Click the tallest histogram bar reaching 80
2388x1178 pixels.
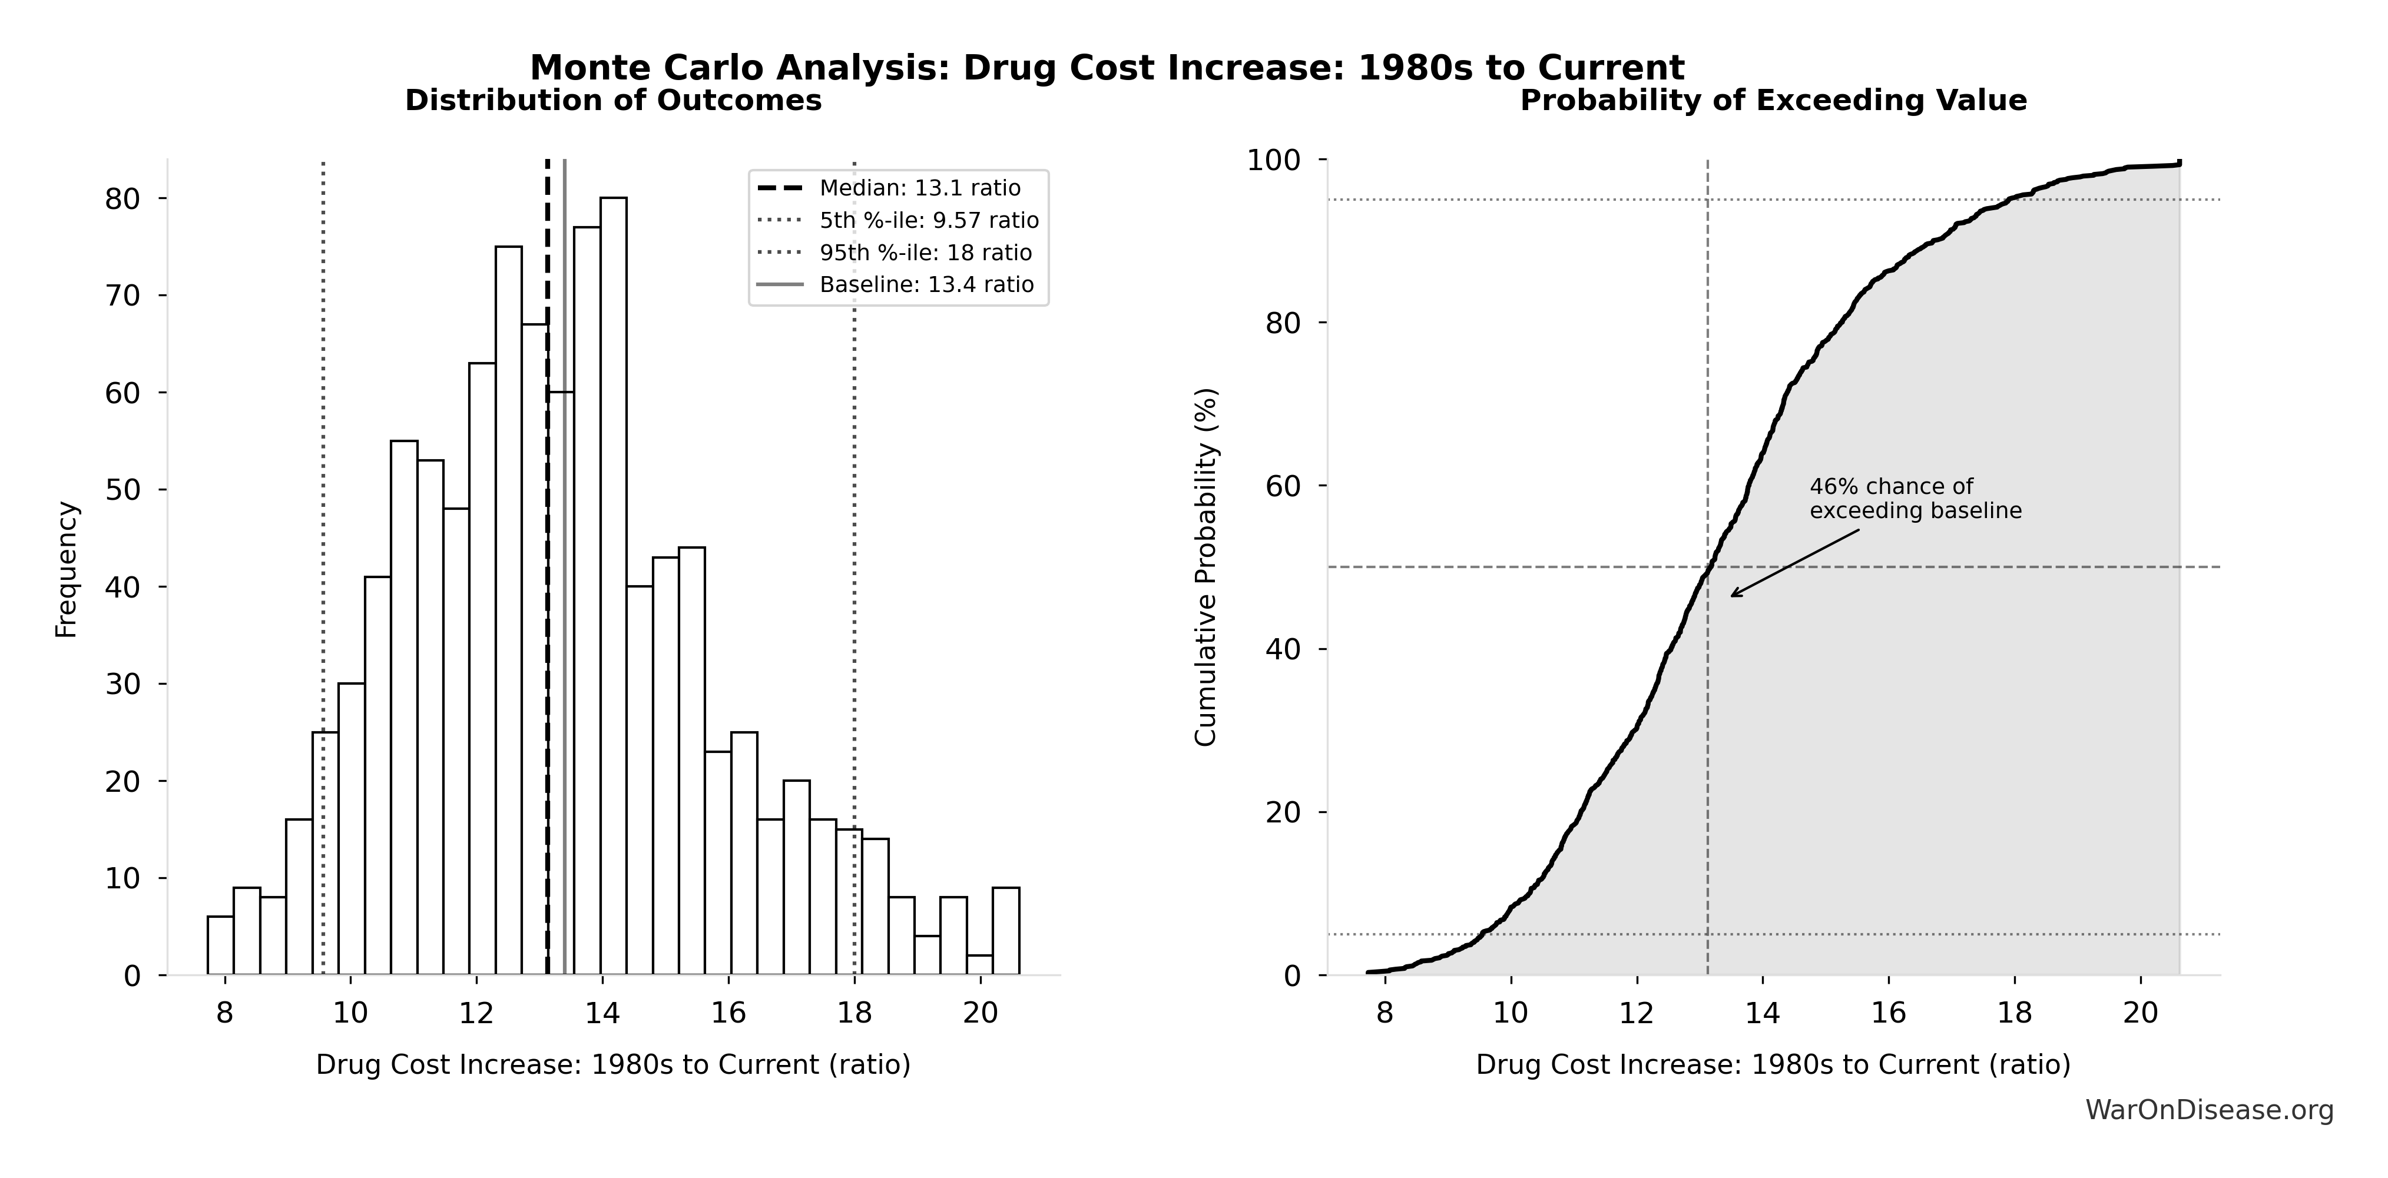tap(613, 584)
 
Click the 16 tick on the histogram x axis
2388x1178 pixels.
tap(728, 1012)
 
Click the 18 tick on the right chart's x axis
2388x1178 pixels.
tap(2015, 1012)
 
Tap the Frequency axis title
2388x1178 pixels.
tap(67, 569)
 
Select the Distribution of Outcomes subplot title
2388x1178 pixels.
tap(613, 100)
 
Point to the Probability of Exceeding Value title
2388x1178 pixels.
tap(1773, 100)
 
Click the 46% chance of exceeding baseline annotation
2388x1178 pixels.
tap(1915, 499)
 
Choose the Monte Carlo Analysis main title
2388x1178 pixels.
tap(1107, 68)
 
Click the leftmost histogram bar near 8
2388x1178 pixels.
tap(220, 945)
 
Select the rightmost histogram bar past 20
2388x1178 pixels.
tap(1006, 931)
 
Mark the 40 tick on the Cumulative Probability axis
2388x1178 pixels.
tap(1284, 649)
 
